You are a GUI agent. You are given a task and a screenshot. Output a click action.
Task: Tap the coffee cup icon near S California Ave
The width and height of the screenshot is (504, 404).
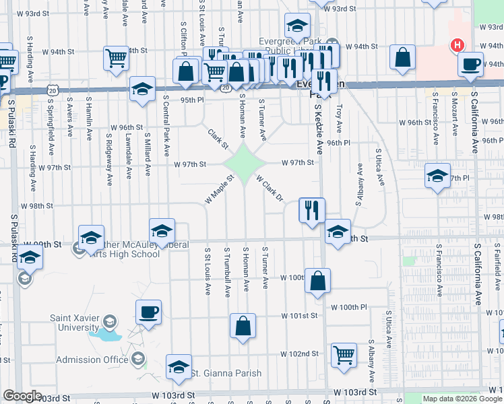pos(470,64)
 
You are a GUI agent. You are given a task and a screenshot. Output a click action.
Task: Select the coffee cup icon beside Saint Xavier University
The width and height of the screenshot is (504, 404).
pos(148,312)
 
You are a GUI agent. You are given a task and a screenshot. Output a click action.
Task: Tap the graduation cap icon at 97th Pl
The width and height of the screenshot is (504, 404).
pos(437,176)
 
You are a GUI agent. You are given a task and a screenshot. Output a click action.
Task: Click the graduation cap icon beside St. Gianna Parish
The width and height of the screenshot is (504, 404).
pos(179,366)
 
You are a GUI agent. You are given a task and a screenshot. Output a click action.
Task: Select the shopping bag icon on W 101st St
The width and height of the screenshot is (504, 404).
pos(243,325)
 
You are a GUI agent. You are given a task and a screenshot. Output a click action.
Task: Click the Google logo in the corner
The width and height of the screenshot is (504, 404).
pos(22,397)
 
